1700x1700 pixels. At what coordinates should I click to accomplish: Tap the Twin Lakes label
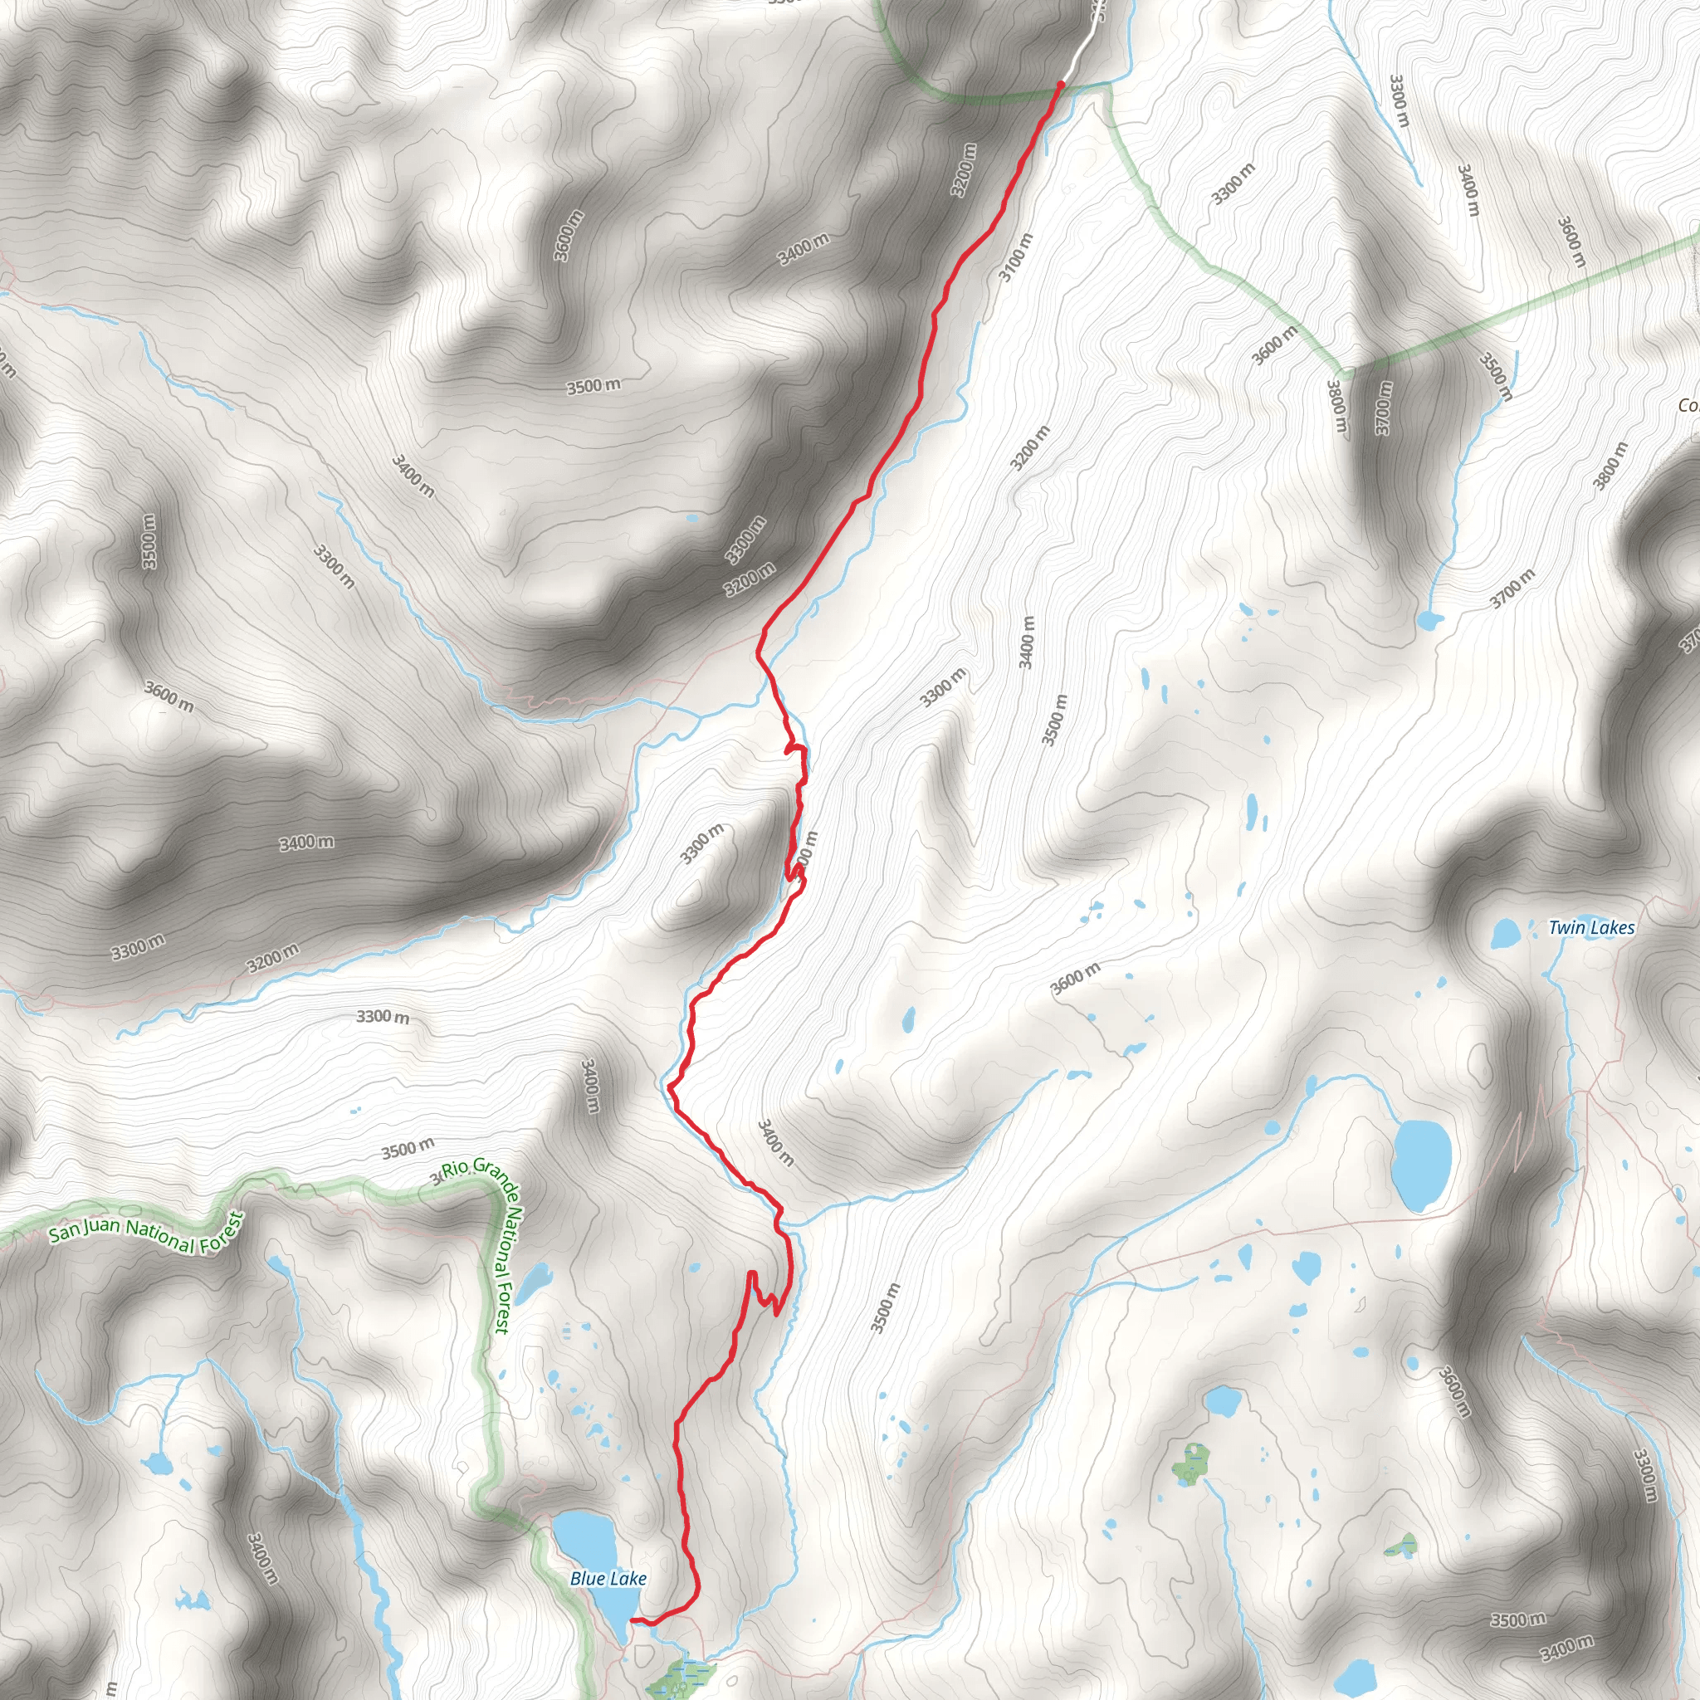(1591, 927)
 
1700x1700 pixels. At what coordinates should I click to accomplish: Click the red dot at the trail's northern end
(1060, 85)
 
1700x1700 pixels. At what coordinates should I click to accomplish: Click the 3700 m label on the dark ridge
(1384, 408)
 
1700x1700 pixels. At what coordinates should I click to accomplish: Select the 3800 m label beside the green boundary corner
(1337, 406)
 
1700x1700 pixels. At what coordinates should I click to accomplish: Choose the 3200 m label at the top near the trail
(965, 169)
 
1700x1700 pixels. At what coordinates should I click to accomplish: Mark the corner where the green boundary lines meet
(1343, 367)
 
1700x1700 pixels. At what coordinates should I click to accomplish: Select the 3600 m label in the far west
(169, 697)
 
